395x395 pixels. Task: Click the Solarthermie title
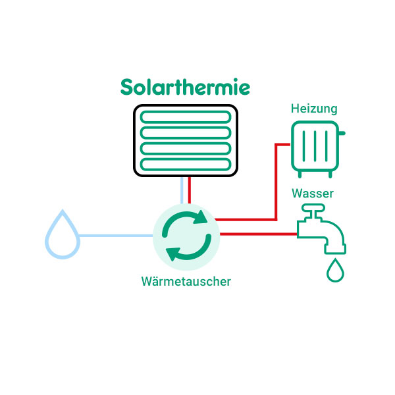point(185,88)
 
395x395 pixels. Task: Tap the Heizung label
point(315,109)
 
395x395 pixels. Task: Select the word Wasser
point(313,194)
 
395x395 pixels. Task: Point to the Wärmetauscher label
point(186,282)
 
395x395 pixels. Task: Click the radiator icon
point(317,148)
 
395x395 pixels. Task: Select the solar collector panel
point(186,141)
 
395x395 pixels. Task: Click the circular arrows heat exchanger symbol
point(186,234)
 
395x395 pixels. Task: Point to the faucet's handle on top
point(313,209)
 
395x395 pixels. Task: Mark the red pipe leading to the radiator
point(275,184)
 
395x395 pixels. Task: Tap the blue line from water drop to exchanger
point(115,235)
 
